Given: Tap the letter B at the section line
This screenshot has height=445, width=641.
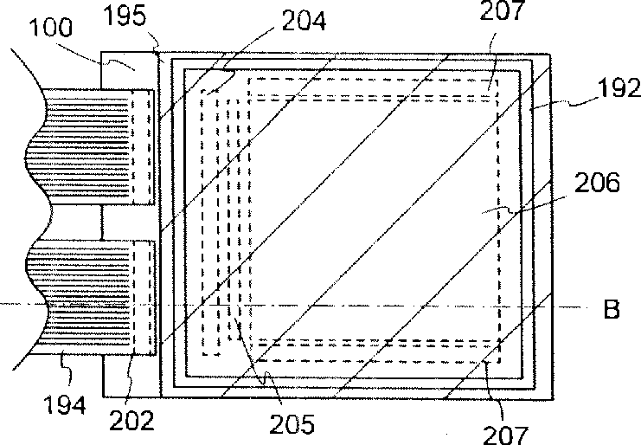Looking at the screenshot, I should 612,310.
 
